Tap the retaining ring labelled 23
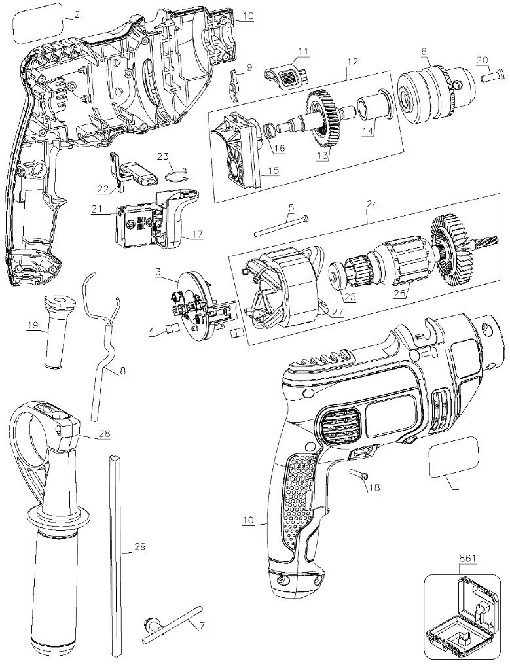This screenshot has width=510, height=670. (176, 173)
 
